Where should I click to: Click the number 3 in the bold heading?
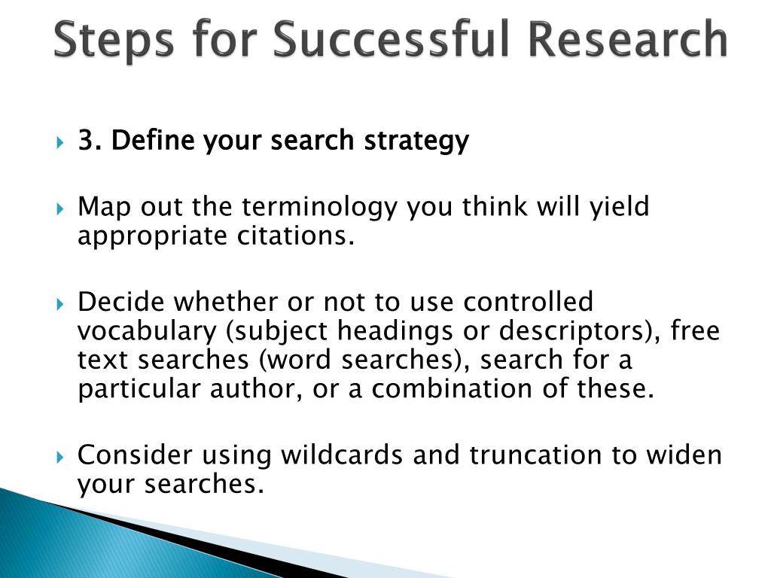[x=87, y=140]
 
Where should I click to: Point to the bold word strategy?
[x=416, y=141]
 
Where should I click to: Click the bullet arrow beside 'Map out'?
[x=60, y=209]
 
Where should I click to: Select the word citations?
[x=296, y=236]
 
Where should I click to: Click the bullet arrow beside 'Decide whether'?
[x=60, y=304]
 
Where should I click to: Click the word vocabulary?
[x=147, y=332]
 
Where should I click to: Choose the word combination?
[x=452, y=388]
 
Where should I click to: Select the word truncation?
[x=535, y=455]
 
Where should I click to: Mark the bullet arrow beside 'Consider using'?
[x=60, y=458]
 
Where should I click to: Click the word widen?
[x=684, y=455]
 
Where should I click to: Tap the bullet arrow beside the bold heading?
[x=60, y=143]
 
